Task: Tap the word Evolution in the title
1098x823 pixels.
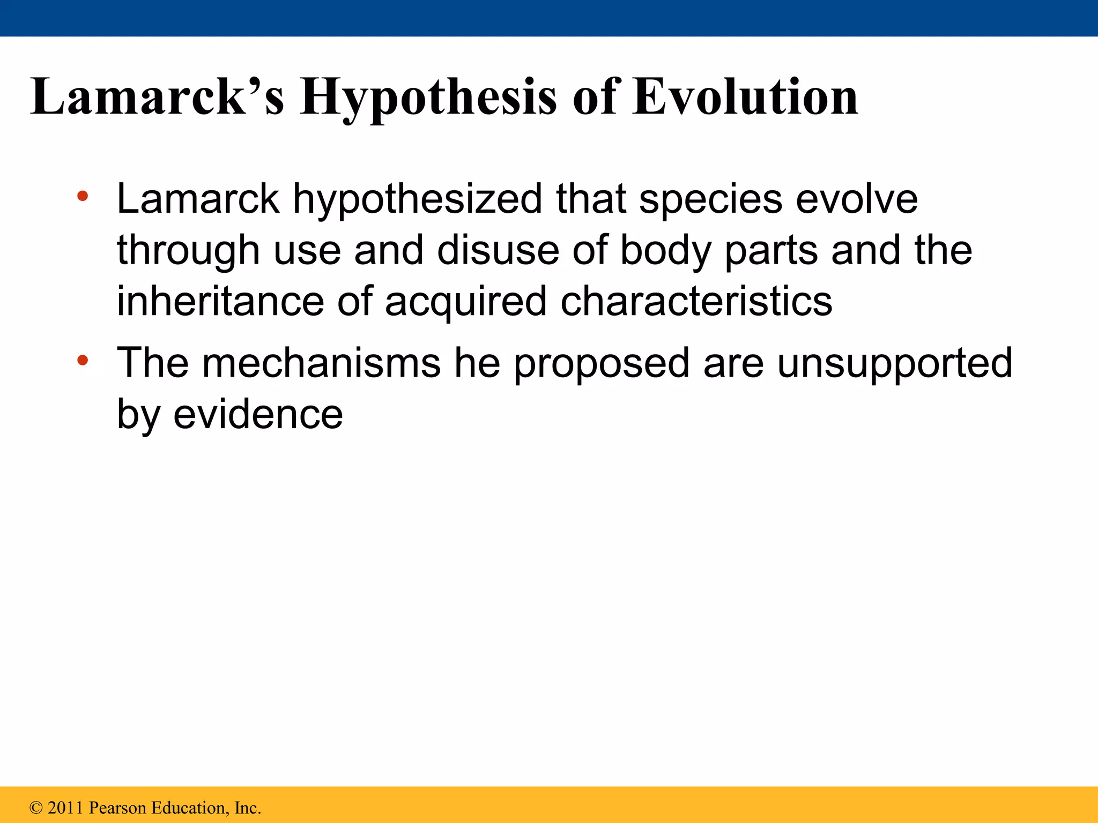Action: [745, 97]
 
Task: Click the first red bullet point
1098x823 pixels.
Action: [82, 196]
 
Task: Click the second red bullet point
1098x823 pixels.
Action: [82, 360]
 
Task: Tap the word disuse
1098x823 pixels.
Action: [498, 250]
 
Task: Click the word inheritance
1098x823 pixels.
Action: [220, 301]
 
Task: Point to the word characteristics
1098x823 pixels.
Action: [696, 301]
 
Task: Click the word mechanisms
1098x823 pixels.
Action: [321, 363]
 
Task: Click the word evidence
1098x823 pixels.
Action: [258, 414]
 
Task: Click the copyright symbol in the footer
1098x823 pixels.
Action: [36, 808]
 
